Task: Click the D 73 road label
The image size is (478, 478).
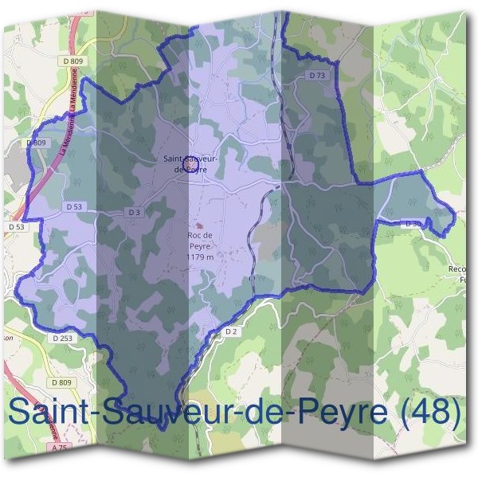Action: (317, 75)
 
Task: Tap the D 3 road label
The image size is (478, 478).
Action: (134, 212)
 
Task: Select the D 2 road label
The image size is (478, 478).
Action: (231, 330)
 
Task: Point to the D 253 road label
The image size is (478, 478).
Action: (62, 338)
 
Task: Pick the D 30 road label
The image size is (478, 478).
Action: (413, 223)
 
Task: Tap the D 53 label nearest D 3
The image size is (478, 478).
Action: (74, 206)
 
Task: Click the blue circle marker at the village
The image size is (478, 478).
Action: (190, 164)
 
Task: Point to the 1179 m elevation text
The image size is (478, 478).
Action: (199, 257)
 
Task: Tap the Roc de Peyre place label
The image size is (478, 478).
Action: (198, 241)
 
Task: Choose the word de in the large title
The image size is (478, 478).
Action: (264, 412)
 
